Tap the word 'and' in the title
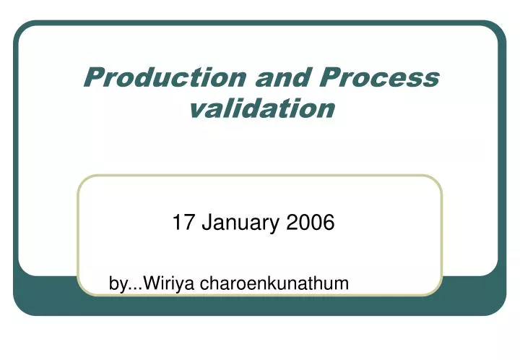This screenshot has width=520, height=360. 269,77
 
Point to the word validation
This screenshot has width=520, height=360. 262,108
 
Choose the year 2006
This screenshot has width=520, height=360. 311,223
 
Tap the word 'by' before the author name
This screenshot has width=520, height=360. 116,284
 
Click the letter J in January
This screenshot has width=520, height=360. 206,223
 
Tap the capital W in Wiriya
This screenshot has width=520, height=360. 151,283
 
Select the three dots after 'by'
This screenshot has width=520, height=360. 134,288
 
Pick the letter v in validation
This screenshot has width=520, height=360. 196,109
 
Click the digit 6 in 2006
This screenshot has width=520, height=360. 329,223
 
